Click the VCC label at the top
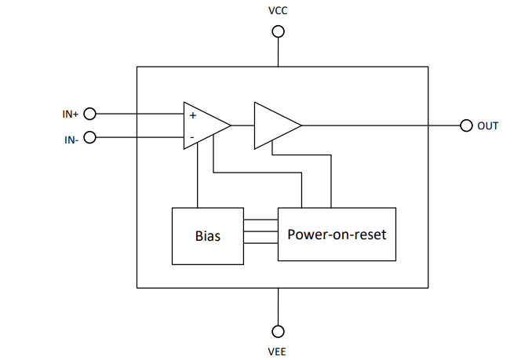pos(278,11)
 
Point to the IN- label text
pos(70,139)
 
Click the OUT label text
pos(487,125)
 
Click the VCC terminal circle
pos(278,32)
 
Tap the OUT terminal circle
pos(466,125)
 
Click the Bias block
pos(208,235)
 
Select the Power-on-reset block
pos(337,234)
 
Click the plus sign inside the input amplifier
pos(192,115)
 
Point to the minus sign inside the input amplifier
pos(191,137)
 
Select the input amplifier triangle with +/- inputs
pos(202,125)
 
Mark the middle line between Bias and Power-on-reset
pos(261,233)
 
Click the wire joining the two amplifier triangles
pos(242,125)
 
